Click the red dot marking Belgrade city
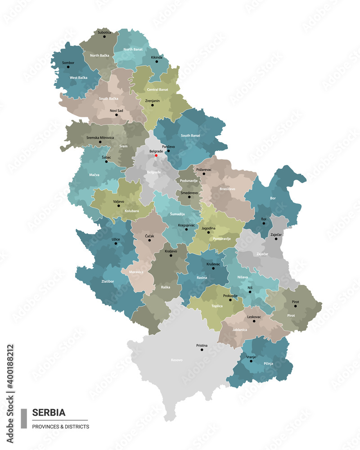156,156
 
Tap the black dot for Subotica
104,36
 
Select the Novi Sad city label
116,110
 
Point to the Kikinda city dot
157,62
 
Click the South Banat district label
190,135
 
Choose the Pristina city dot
202,350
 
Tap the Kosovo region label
177,360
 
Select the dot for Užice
116,243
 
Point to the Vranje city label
251,356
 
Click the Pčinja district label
268,363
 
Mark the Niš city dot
250,292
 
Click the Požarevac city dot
203,174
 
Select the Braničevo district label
228,189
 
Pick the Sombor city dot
68,67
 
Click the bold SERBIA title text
49,412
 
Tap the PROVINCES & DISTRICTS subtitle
60,427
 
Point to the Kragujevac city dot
186,229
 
